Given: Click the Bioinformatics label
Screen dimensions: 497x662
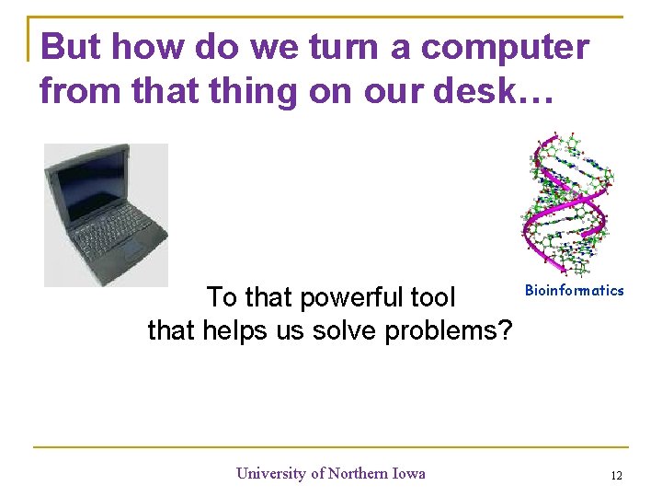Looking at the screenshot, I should click(x=574, y=291).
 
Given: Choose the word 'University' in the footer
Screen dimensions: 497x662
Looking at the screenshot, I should click(x=271, y=474).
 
